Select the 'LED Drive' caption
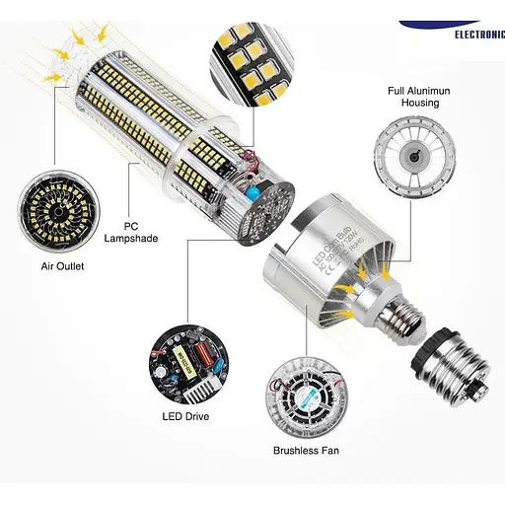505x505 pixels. click(x=185, y=415)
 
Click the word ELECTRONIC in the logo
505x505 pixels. click(x=479, y=33)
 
